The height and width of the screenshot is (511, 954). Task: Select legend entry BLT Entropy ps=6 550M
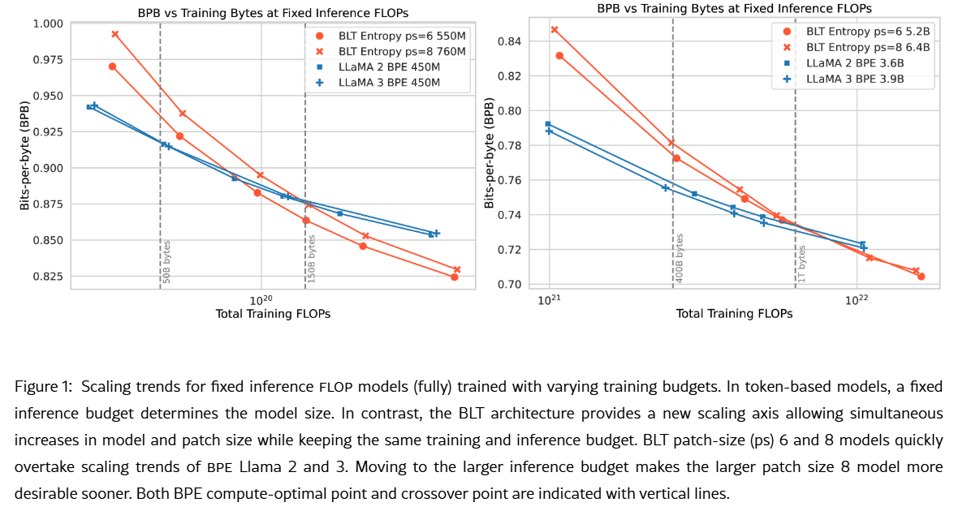point(390,36)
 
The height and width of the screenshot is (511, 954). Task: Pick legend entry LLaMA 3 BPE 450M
point(389,82)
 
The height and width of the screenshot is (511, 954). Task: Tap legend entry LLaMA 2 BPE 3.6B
point(853,62)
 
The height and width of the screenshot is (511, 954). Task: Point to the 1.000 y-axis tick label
point(47,24)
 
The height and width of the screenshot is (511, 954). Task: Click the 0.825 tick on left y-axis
point(47,277)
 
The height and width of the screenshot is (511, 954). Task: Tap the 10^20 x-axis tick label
point(260,299)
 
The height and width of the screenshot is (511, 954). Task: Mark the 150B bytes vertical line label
point(312,259)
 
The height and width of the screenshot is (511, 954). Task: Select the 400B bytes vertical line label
point(680,259)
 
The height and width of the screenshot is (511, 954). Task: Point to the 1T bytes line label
point(801,264)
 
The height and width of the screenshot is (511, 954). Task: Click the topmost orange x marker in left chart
point(114,34)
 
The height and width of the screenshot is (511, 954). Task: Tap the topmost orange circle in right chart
point(559,56)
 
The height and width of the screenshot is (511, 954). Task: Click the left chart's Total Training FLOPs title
point(273,314)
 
